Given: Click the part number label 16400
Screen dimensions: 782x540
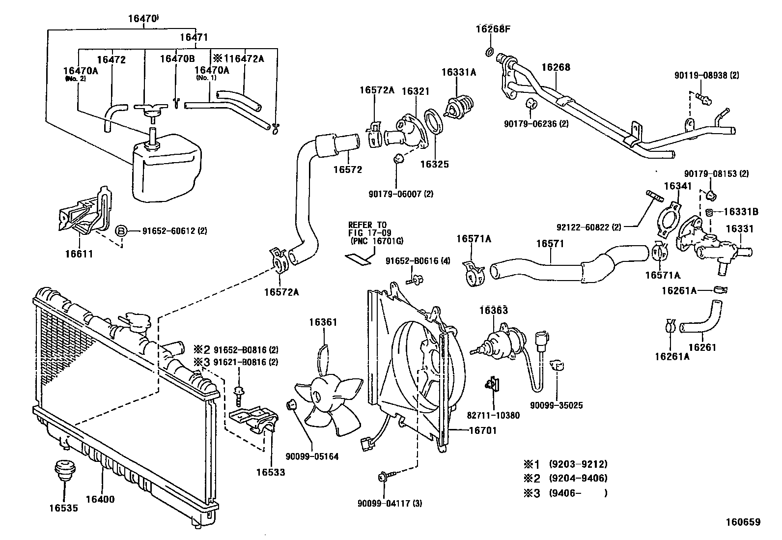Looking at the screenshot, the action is [100, 499].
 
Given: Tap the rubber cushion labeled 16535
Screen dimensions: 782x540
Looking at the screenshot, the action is [64, 471].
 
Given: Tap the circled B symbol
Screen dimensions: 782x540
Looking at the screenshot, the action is [121, 231].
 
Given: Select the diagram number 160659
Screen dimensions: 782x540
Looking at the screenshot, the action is [743, 522].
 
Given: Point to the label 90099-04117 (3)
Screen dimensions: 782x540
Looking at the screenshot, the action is [390, 503].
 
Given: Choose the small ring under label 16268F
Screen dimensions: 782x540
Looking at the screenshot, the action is [489, 52].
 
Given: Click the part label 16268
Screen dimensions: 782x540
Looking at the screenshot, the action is [556, 67].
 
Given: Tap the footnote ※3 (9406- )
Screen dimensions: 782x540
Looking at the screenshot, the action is [565, 493].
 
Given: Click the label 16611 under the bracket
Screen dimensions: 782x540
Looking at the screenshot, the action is [79, 254].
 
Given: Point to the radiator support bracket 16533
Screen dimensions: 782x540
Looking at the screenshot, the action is [254, 420].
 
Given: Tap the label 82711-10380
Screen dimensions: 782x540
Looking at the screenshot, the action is [493, 415].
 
